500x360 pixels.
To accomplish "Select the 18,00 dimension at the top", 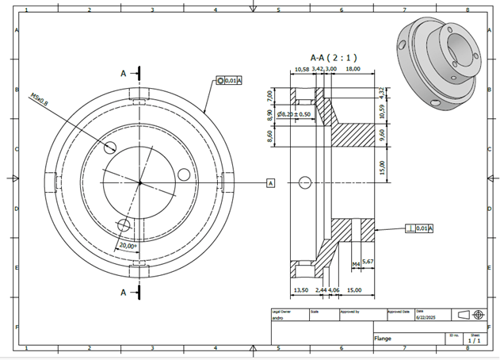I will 353,69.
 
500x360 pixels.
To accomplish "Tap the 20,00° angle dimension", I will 128,246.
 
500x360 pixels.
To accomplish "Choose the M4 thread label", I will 356,262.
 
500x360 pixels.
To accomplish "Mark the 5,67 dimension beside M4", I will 368,262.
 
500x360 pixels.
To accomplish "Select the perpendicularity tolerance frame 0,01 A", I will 419,228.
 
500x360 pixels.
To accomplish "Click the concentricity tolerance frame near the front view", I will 229,81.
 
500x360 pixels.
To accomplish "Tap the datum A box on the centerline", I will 270,183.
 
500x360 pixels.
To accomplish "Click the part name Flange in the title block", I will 384,338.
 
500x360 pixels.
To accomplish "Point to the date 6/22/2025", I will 426,316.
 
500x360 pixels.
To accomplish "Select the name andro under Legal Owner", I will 278,316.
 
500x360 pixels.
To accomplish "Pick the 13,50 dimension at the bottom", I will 301,290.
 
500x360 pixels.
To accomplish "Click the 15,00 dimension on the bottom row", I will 355,290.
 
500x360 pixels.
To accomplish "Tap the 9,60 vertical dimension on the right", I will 382,133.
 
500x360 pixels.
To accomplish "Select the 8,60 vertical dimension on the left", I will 270,136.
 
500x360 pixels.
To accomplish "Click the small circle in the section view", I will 305,183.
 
